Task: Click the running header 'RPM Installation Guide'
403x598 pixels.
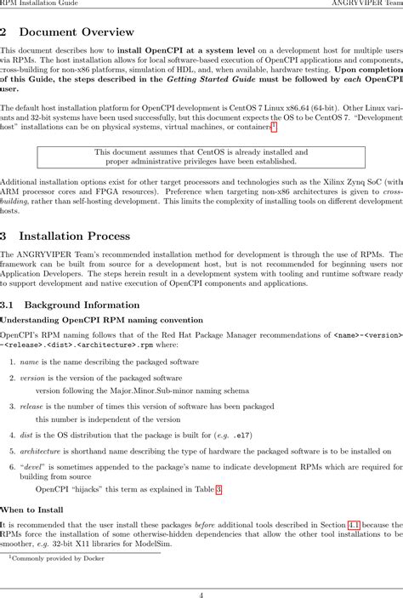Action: click(x=39, y=3)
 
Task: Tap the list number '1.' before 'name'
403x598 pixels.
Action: click(x=14, y=362)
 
